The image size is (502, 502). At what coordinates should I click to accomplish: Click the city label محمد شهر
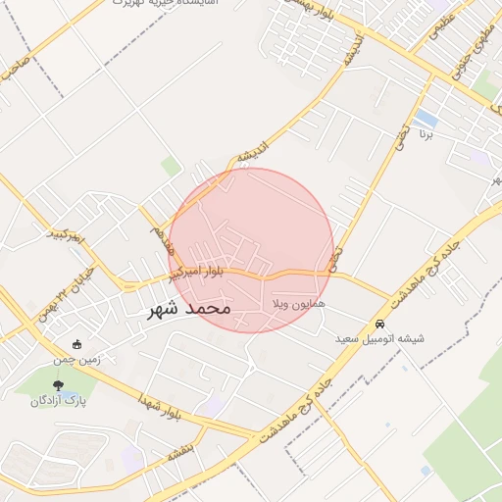[x=189, y=309]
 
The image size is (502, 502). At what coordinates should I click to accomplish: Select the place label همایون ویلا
[x=298, y=305]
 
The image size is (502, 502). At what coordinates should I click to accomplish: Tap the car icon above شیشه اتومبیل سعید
[x=379, y=324]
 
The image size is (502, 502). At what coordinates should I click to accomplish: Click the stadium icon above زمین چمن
[x=77, y=344]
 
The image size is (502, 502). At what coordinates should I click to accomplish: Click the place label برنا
[x=426, y=133]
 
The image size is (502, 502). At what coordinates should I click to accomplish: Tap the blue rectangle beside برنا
[x=427, y=118]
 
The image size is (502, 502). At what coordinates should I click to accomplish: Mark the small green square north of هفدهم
[x=172, y=166]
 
